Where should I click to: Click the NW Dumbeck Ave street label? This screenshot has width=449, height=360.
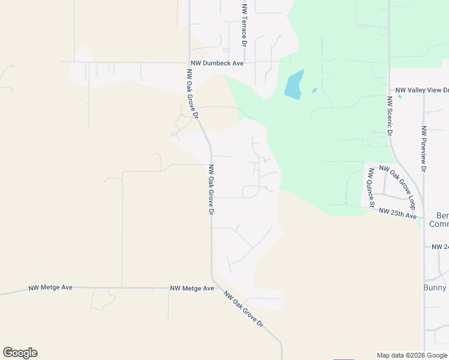click(x=217, y=62)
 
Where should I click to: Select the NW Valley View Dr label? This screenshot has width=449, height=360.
click(x=421, y=90)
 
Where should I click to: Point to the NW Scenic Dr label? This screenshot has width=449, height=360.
click(x=390, y=114)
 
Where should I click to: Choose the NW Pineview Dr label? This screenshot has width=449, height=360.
click(x=424, y=149)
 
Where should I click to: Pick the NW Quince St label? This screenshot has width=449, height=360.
click(x=372, y=188)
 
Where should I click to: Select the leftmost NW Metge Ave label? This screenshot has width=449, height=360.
click(x=50, y=288)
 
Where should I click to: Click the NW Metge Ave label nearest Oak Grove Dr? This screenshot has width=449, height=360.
click(x=192, y=289)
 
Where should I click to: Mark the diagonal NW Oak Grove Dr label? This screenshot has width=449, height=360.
click(x=244, y=308)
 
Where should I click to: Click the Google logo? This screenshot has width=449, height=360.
click(x=20, y=353)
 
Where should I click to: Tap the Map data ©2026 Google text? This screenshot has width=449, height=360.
click(x=412, y=355)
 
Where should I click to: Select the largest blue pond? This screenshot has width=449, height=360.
click(x=294, y=85)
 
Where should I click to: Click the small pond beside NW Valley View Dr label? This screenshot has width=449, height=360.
click(x=400, y=96)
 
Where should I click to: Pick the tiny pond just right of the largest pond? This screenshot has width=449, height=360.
click(x=314, y=91)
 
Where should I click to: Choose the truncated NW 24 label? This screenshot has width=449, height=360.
click(x=440, y=247)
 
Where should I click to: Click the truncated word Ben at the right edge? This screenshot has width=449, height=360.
click(x=442, y=215)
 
